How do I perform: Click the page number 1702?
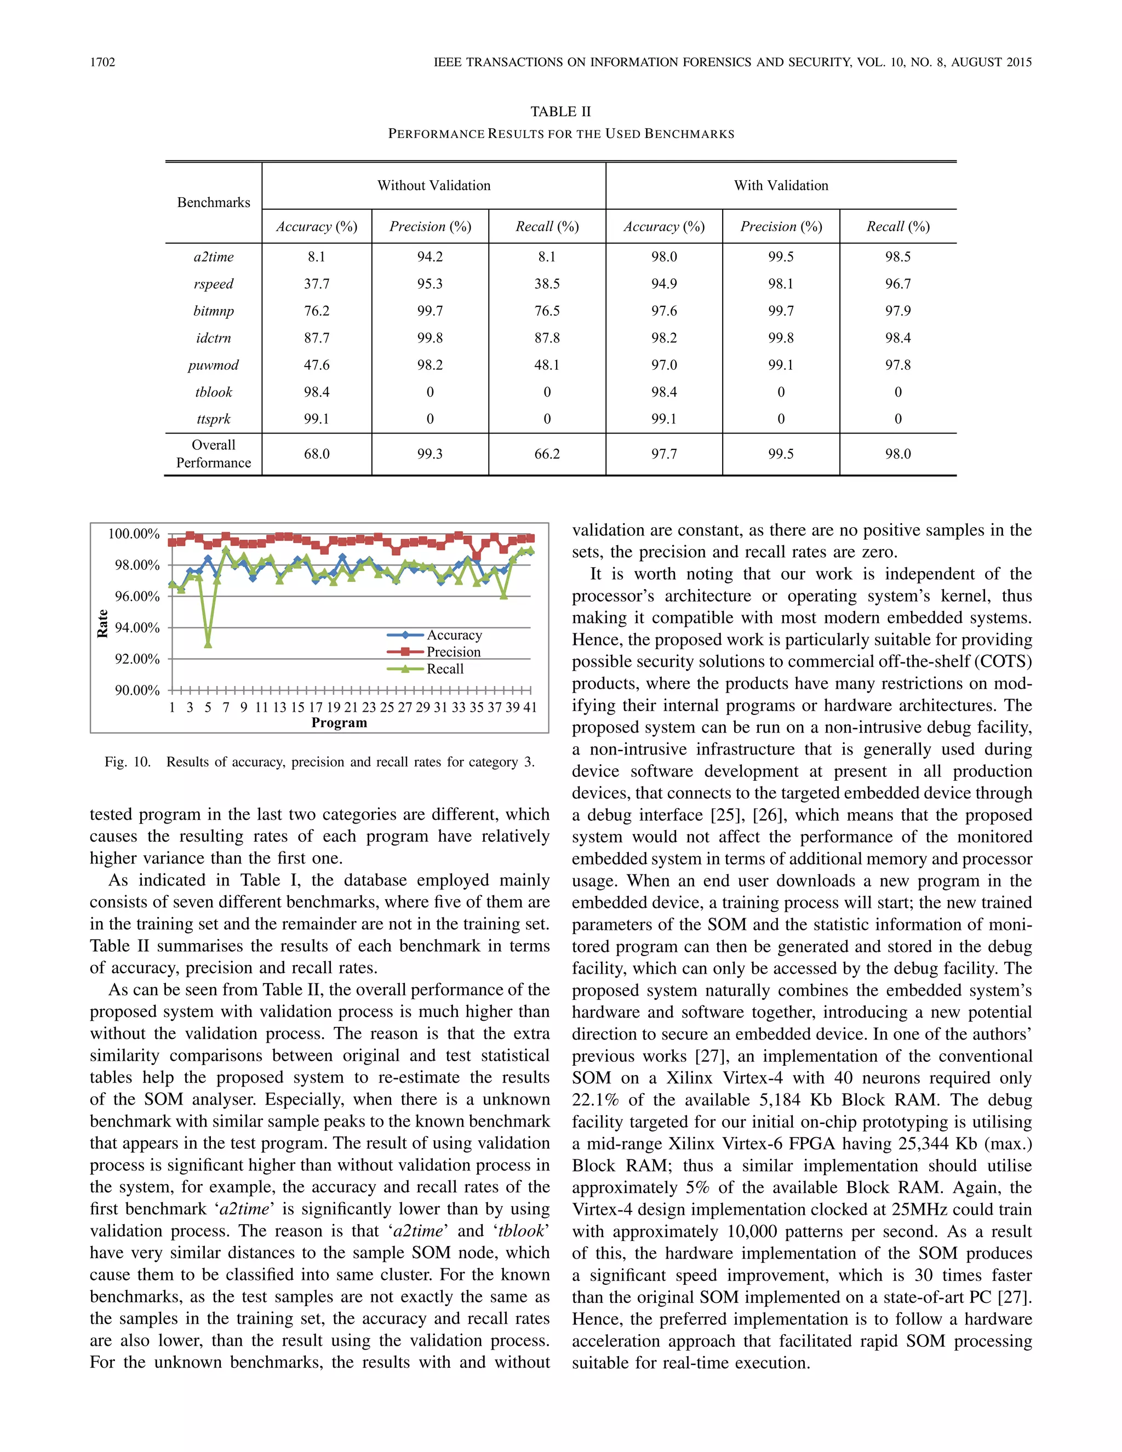pyautogui.click(x=102, y=62)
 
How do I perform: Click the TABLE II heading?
pyautogui.click(x=560, y=112)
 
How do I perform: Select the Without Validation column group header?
pyautogui.click(x=433, y=186)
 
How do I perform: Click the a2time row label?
pyautogui.click(x=213, y=256)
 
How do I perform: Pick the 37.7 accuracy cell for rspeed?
pyautogui.click(x=317, y=284)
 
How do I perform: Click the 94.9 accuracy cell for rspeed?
pyautogui.click(x=663, y=284)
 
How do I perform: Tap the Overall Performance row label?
pyautogui.click(x=213, y=454)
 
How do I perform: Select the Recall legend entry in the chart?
pyautogui.click(x=445, y=669)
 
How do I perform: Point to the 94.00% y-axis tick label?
pyautogui.click(x=137, y=627)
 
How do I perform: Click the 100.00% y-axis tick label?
pyautogui.click(x=134, y=534)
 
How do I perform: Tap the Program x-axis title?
pyautogui.click(x=339, y=723)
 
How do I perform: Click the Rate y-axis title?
pyautogui.click(x=102, y=623)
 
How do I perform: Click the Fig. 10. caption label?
pyautogui.click(x=127, y=762)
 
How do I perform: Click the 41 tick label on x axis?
pyautogui.click(x=530, y=707)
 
